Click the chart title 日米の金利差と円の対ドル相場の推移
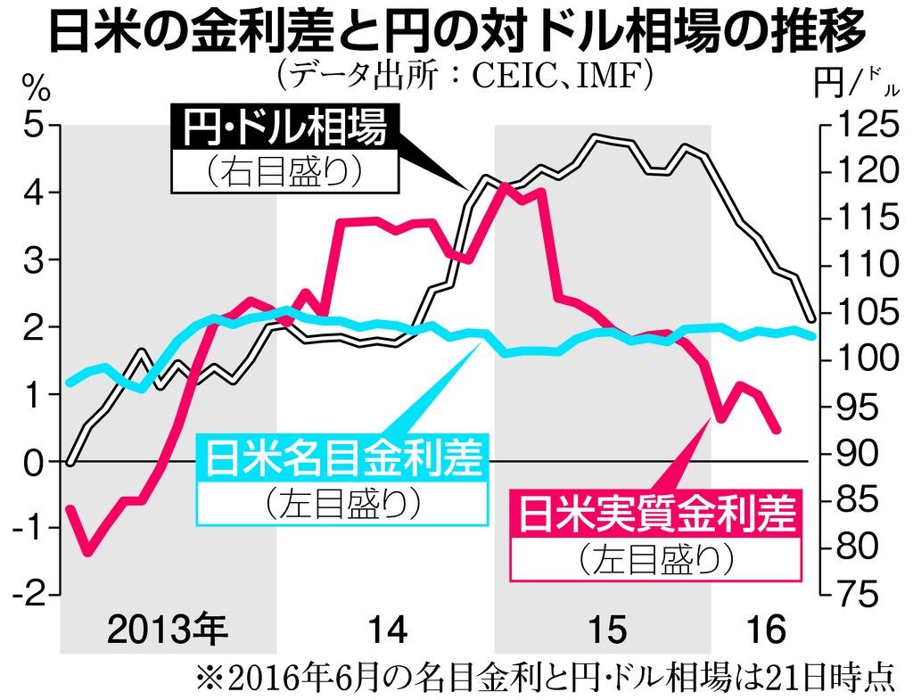tap(456, 34)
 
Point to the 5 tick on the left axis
tap(34, 126)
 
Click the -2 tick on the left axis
tap(29, 594)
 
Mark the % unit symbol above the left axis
tap(35, 89)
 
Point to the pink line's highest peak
tap(504, 185)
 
